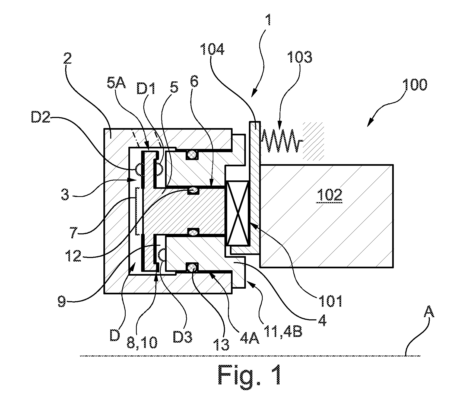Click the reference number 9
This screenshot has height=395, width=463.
[62, 301]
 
